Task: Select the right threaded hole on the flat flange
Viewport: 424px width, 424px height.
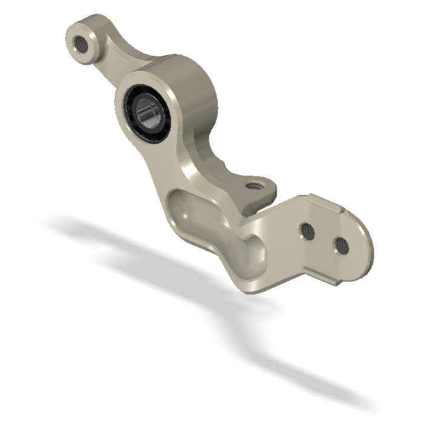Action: coord(340,244)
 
